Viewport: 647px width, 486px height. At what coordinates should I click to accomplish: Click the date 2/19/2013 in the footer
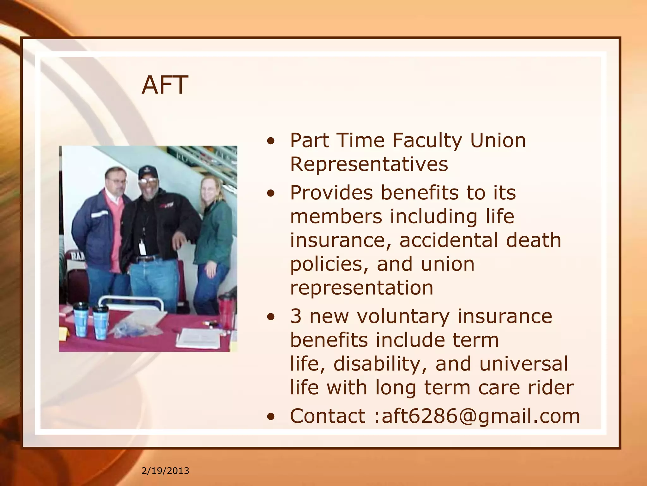pyautogui.click(x=165, y=471)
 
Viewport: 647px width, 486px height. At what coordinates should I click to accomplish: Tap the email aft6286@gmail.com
pyautogui.click(x=481, y=416)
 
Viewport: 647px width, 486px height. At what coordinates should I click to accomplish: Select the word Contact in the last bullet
pyautogui.click(x=327, y=416)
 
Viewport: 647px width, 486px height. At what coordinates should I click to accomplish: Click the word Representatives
pyautogui.click(x=369, y=164)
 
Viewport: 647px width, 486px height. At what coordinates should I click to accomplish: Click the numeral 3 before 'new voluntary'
pyautogui.click(x=296, y=316)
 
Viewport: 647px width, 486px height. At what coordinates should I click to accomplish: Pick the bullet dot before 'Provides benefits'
pyautogui.click(x=271, y=193)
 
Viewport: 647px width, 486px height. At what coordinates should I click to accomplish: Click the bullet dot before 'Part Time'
pyautogui.click(x=271, y=141)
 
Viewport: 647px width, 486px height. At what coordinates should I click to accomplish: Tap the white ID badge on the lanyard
pyautogui.click(x=142, y=247)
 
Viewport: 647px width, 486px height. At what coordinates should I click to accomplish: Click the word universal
pyautogui.click(x=523, y=364)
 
